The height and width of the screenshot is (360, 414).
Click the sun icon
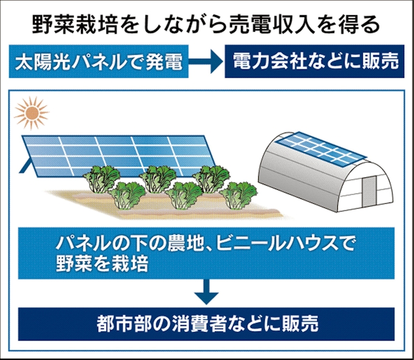[x=32, y=113]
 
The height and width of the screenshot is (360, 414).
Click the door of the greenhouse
[x=369, y=192]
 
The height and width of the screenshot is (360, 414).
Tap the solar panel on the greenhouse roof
[x=321, y=149]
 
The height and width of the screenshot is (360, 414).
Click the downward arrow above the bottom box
[x=206, y=292]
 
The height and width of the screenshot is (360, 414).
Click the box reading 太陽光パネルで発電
[x=99, y=61]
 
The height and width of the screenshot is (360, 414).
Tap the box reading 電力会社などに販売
[x=315, y=61]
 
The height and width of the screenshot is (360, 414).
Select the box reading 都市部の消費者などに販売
[x=206, y=324]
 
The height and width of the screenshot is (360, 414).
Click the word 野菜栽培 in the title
[x=75, y=25]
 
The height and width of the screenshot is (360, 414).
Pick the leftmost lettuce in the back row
[x=102, y=178]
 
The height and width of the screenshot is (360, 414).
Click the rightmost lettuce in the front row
[x=238, y=195]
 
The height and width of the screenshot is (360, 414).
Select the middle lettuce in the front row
[x=184, y=195]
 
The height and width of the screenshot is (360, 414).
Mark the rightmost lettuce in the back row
[x=211, y=178]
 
